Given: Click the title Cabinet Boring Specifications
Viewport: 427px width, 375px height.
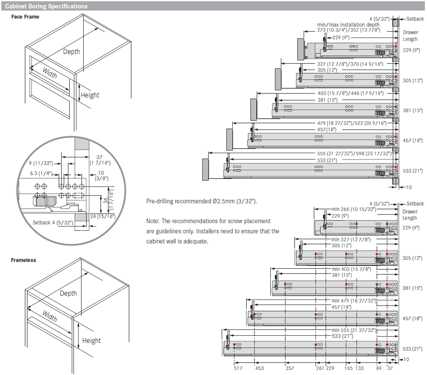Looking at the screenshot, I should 46,6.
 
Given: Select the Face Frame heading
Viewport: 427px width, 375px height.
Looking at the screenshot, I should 25,17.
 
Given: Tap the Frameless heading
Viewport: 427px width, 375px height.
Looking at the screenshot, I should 23,260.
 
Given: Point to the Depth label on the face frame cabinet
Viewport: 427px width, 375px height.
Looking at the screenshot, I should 71,52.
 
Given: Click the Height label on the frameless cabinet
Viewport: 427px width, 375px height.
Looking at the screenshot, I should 91,340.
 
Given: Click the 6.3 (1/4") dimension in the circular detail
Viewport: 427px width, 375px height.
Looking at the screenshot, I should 41,174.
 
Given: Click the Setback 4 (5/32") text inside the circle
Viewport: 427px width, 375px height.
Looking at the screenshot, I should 53,223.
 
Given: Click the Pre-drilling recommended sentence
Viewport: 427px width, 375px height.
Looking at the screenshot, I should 202,201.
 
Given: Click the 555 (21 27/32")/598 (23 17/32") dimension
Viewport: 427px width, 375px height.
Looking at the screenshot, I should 350,153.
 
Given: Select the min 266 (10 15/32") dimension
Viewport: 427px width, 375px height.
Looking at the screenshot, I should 354,209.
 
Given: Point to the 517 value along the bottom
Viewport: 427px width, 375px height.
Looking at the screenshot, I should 238,368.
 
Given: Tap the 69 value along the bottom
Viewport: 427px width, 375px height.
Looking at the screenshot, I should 379,368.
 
